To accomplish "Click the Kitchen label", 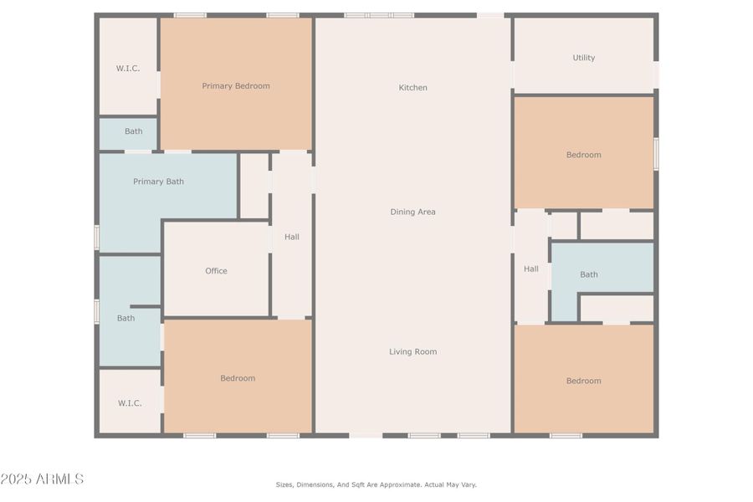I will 412,88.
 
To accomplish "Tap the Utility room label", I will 583,58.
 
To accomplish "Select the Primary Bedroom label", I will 236,85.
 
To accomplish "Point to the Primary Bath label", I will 158,182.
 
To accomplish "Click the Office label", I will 216,271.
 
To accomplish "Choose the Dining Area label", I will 412,212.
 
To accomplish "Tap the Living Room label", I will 412,352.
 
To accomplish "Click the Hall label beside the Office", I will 291,237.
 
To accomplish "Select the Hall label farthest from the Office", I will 530,269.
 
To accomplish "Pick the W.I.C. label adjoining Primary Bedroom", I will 128,68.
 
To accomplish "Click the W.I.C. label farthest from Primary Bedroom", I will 130,403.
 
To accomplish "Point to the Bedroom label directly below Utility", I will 583,155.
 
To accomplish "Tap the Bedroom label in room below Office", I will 238,378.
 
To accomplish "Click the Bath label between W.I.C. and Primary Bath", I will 133,131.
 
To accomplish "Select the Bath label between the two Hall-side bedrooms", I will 589,274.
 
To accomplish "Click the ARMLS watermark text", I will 42,479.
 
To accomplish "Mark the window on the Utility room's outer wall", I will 656,74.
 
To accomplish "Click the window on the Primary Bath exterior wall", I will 96,237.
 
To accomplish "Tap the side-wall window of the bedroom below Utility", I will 656,154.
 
